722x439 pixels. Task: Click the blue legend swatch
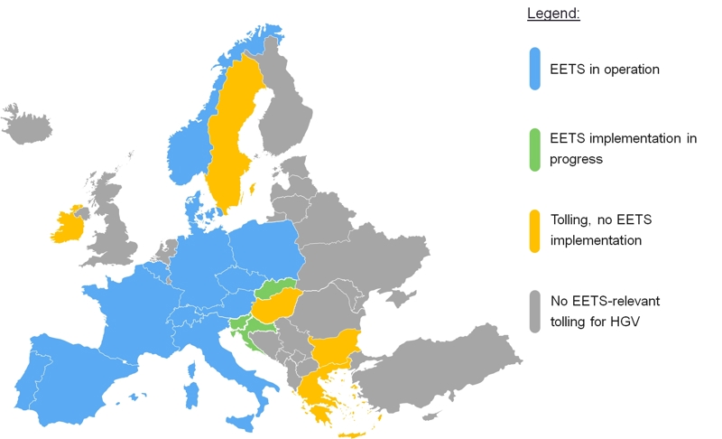coord(535,70)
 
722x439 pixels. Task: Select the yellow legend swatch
coord(535,231)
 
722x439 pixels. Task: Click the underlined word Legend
coord(553,14)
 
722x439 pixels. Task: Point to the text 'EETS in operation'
coord(605,70)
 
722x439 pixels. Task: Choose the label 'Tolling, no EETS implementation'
coord(609,231)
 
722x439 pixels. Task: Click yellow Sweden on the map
coord(230,135)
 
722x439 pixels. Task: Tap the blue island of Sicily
coord(243,420)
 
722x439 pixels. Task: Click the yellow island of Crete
coord(351,434)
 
